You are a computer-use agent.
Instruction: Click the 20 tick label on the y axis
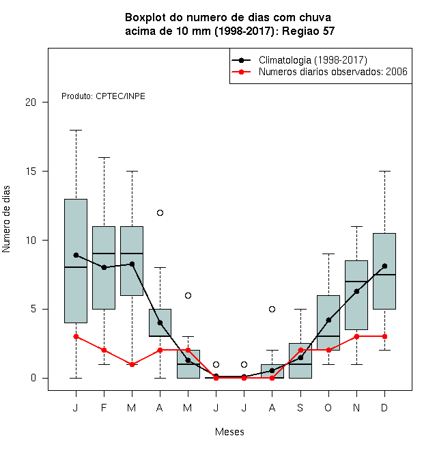click(x=31, y=102)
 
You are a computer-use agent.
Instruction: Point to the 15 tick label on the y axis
click(x=31, y=172)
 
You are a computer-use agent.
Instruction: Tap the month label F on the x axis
click(x=104, y=407)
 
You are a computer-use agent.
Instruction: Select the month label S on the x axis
click(x=300, y=407)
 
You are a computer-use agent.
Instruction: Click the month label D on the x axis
click(x=384, y=407)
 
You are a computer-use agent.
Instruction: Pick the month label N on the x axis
click(x=356, y=407)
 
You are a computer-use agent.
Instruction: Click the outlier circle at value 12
click(x=160, y=213)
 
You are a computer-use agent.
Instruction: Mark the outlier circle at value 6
click(x=188, y=295)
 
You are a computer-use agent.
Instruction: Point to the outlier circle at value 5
click(x=272, y=309)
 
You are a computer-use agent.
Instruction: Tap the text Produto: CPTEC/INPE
click(x=103, y=96)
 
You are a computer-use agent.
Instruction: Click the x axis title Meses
click(x=229, y=432)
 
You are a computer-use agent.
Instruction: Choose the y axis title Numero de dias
click(x=6, y=219)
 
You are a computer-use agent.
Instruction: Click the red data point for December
click(x=384, y=336)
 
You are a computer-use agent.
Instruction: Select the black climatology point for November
click(x=357, y=291)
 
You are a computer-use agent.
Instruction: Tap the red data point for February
click(x=104, y=351)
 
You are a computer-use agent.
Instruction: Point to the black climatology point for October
click(x=328, y=320)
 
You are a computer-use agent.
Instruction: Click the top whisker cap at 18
click(x=76, y=131)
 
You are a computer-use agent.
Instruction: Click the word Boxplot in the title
click(x=145, y=18)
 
